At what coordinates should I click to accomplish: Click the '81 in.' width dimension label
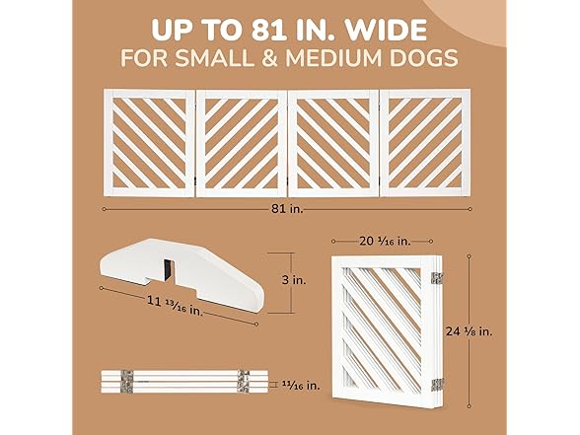tap(287, 209)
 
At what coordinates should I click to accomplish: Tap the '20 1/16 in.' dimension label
tap(385, 241)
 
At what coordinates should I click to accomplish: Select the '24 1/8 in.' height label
tap(470, 331)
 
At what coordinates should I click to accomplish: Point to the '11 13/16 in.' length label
tap(175, 306)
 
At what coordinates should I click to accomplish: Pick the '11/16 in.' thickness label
tap(301, 386)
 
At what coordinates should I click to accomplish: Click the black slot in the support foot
tap(169, 269)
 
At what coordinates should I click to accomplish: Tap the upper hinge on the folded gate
tap(437, 278)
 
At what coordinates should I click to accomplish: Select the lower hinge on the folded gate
tap(437, 385)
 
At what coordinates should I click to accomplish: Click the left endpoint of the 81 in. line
tap(104, 209)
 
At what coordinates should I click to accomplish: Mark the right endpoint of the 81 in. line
tap(470, 209)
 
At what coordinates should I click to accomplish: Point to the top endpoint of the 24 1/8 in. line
tap(470, 256)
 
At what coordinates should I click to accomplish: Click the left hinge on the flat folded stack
tap(126, 381)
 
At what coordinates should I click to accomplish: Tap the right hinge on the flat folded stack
tap(244, 381)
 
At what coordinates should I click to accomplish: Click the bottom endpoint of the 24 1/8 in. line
tap(470, 406)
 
